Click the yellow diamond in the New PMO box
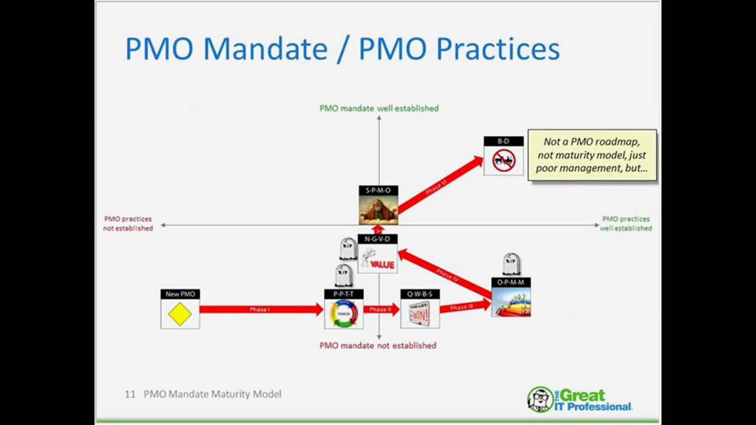(180, 314)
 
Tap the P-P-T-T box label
(343, 294)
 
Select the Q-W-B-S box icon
(419, 313)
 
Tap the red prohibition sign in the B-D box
(504, 161)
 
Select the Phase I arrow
(260, 309)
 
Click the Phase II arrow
(381, 309)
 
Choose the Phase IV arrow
(446, 274)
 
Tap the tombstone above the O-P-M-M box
(511, 264)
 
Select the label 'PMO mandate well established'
(379, 108)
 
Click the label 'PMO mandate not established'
(378, 345)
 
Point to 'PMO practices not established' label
(128, 223)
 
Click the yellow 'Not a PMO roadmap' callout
(592, 155)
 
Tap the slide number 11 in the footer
(130, 394)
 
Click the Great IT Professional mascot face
(539, 399)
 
